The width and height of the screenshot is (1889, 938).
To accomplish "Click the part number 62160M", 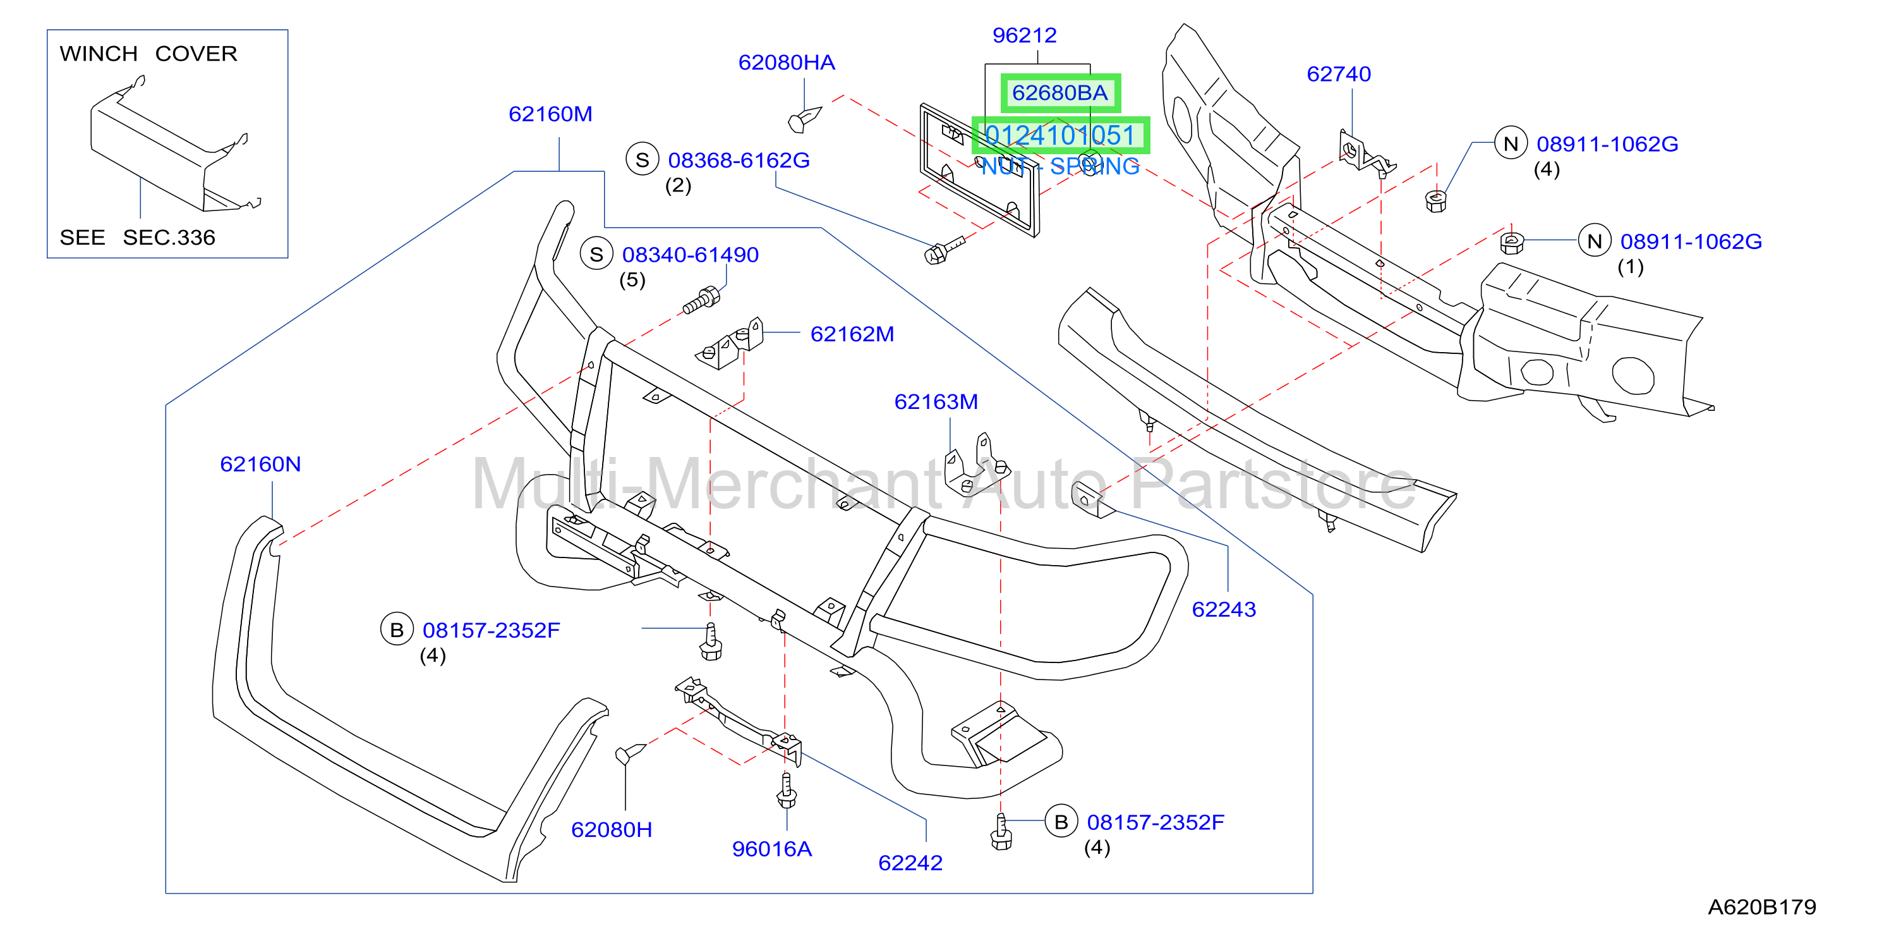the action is coord(550,114).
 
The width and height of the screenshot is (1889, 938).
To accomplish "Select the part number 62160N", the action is coord(260,463).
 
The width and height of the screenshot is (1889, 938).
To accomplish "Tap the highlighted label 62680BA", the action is coord(1059,92).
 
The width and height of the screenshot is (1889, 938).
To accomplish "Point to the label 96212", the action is coord(1025,35).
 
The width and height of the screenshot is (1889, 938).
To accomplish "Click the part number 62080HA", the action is coord(786,63).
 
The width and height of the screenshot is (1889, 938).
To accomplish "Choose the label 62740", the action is coord(1338,73).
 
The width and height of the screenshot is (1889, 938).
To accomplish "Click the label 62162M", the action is coord(852,334).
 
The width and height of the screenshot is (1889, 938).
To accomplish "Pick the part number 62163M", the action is coord(936,401).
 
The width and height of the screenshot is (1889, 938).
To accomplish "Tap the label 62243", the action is coord(1224,609).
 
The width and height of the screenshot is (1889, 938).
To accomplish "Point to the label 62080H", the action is coord(612,829).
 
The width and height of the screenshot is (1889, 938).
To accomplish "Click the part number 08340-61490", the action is coord(690,255).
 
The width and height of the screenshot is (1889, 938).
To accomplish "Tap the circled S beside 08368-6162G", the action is coord(643,160).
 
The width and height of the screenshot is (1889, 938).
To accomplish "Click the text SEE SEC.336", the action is coord(137,237).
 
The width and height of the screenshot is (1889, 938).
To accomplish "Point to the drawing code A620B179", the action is coord(1761,907).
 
